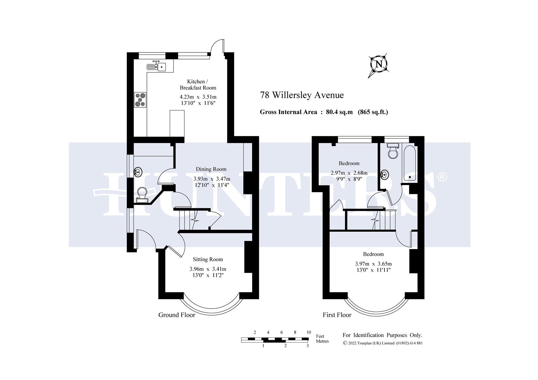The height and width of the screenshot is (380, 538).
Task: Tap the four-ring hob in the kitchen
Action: [140, 99]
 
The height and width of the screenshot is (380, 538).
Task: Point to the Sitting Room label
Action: [208, 259]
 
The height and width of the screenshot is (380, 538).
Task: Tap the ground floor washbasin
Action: [138, 172]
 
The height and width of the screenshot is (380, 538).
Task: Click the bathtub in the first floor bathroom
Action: [409, 164]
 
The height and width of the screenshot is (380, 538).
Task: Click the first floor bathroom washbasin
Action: [385, 174]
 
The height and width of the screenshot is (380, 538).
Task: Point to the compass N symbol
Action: [379, 64]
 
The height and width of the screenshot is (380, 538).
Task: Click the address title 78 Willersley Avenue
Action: [302, 95]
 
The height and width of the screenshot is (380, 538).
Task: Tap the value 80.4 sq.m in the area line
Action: [339, 112]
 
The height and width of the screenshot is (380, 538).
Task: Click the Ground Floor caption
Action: [176, 315]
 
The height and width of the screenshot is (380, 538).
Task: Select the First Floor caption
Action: [337, 315]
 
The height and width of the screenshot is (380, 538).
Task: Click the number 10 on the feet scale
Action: [308, 332]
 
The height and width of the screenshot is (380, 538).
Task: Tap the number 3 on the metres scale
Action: [308, 346]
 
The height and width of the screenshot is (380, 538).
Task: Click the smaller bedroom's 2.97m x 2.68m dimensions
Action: [349, 173]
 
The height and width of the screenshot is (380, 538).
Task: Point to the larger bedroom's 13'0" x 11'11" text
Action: [373, 270]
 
